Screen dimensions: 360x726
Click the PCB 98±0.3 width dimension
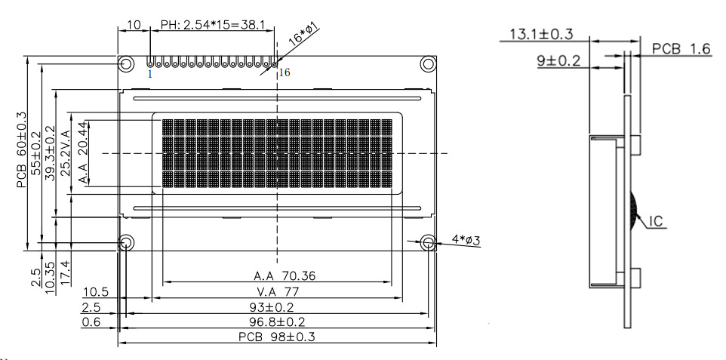pos(277,337)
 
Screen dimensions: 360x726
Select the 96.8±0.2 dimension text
pos(277,322)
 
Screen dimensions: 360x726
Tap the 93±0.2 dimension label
pos(277,308)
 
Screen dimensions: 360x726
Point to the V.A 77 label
pos(277,292)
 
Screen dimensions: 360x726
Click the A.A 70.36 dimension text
pos(277,276)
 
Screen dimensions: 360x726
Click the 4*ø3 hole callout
pos(466,240)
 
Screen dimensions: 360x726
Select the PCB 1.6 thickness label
pos(681,48)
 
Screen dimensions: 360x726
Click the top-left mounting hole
pos(125,63)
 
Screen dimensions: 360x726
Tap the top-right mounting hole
pos(428,63)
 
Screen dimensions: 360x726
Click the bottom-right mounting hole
pos(428,242)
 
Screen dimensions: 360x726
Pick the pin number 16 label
pos(285,72)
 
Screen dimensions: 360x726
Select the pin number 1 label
pos(149,74)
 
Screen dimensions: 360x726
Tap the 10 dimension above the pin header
pos(134,26)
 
